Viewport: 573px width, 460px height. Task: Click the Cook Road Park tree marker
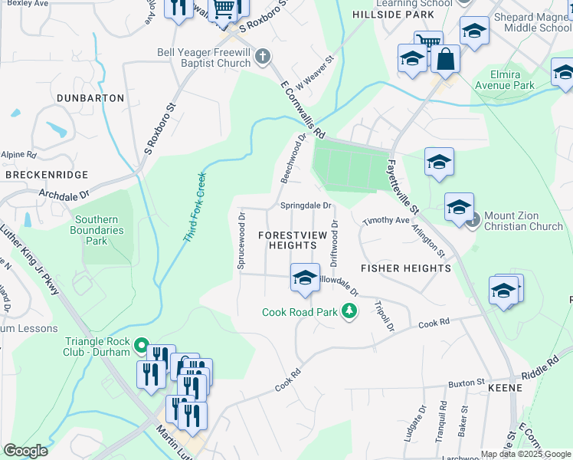click(x=350, y=311)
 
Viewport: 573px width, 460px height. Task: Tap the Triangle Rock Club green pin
click(x=140, y=346)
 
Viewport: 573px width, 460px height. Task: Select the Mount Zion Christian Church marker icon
click(x=473, y=220)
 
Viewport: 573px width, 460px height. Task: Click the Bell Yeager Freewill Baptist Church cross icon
click(x=263, y=56)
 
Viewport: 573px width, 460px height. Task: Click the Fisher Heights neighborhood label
click(x=405, y=268)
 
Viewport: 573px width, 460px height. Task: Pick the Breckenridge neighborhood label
click(x=46, y=175)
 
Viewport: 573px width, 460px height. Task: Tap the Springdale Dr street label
click(x=305, y=205)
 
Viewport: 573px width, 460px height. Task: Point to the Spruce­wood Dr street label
click(x=241, y=240)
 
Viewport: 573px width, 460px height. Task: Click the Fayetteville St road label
click(x=402, y=186)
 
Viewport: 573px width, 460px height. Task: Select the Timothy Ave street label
click(x=386, y=220)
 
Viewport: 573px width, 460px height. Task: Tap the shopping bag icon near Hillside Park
click(x=445, y=58)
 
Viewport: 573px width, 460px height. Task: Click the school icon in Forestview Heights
click(x=304, y=278)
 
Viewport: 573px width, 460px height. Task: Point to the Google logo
click(x=26, y=451)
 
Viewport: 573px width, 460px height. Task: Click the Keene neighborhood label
click(x=504, y=388)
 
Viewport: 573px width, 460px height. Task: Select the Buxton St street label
click(x=467, y=382)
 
